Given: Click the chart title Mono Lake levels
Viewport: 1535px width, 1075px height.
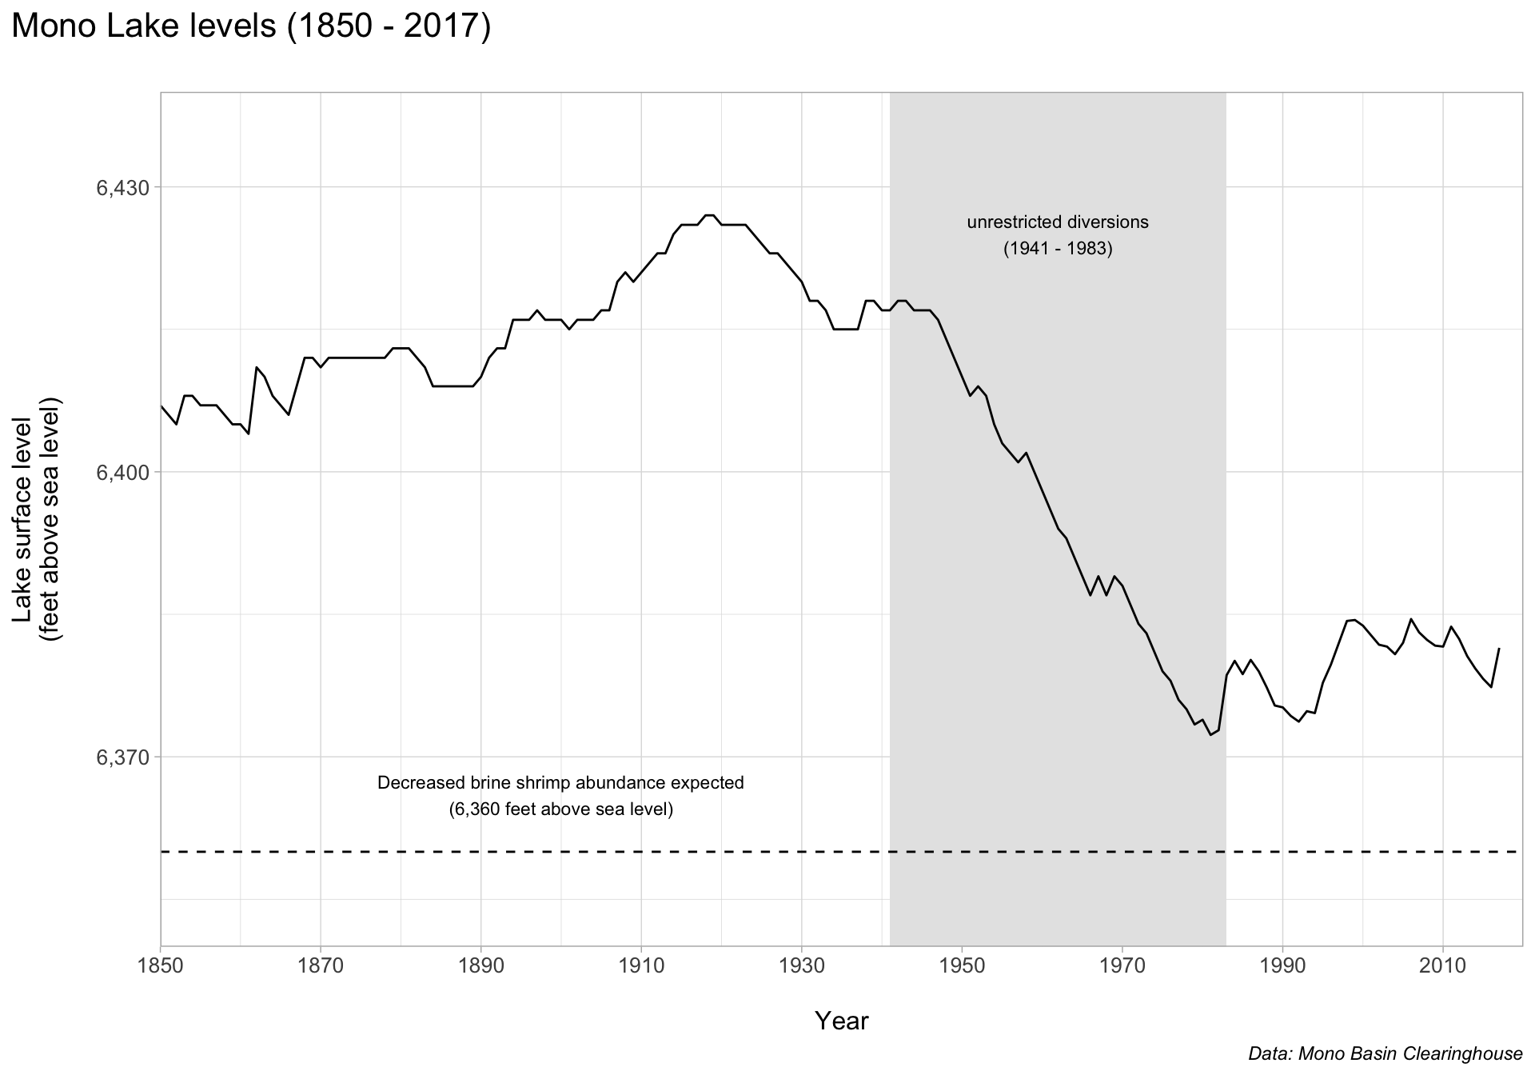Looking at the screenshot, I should tap(251, 27).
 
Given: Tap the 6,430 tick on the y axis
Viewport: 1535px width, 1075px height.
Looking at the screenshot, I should tap(123, 188).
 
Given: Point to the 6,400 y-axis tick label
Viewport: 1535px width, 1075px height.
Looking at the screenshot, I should tap(123, 473).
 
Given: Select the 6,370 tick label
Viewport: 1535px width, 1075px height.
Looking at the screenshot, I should tap(123, 757).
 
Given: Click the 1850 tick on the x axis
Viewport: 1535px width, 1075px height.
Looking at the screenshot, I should tap(161, 966).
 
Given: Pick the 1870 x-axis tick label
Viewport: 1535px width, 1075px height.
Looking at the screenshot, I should tap(321, 966).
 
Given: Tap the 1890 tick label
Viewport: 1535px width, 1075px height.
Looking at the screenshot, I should tap(481, 966).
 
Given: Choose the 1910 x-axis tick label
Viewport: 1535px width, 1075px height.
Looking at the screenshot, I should tap(641, 966).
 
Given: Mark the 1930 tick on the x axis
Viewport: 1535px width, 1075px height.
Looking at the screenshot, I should tap(802, 966).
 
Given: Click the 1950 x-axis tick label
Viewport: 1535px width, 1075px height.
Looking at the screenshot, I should tap(962, 966).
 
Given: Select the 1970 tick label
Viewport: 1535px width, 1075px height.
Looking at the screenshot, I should tap(1122, 966).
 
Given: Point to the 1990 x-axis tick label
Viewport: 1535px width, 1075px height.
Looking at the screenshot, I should tap(1282, 966).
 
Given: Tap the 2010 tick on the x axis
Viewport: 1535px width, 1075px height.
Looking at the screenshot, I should tap(1443, 966).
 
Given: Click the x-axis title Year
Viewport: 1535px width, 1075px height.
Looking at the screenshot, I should tap(841, 1021).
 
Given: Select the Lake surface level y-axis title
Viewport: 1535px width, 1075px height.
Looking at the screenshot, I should tap(37, 519).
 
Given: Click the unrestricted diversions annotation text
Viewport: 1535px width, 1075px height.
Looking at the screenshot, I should tap(1058, 222).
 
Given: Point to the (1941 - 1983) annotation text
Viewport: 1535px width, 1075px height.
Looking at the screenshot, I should tap(1058, 249).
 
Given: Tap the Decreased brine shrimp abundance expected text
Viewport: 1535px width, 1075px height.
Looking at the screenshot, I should tap(560, 783).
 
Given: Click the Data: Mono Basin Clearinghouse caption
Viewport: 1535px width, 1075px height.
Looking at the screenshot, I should tap(1385, 1054).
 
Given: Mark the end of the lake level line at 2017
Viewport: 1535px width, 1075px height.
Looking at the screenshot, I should tap(1499, 649).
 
